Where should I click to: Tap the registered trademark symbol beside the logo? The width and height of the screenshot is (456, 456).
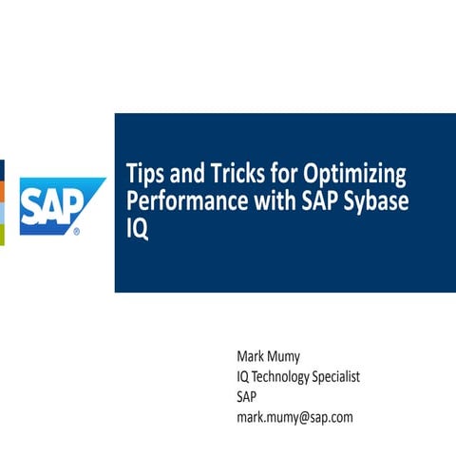76,230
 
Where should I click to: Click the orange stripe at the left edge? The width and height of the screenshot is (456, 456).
3,190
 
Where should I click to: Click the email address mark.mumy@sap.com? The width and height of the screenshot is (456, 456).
294,416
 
